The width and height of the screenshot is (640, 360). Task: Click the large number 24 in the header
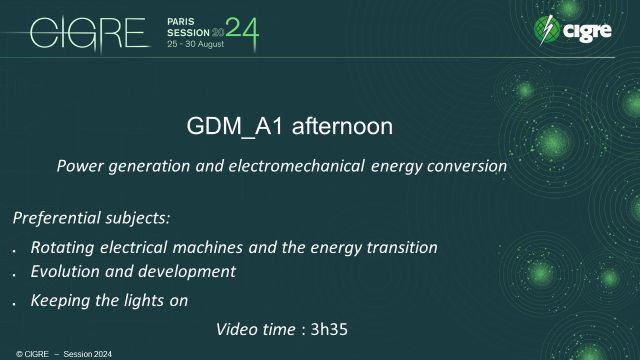(243, 33)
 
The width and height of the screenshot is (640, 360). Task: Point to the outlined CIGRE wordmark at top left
(87, 33)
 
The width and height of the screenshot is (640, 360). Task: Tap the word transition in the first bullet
(402, 246)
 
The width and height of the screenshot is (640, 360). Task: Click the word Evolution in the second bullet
(66, 271)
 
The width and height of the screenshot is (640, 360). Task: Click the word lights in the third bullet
(143, 299)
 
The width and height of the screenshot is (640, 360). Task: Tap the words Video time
(257, 327)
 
